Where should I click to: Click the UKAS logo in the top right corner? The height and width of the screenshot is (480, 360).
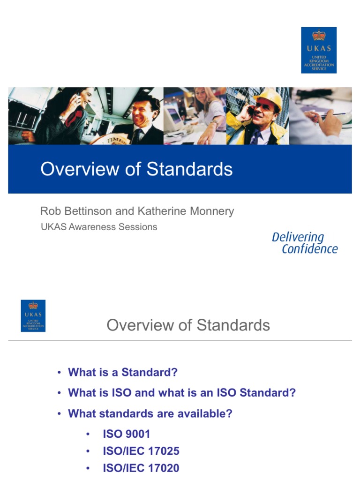click(x=319, y=50)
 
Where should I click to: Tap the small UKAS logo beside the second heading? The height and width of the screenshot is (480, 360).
click(x=33, y=316)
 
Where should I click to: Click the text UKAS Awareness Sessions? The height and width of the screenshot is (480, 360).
click(x=98, y=227)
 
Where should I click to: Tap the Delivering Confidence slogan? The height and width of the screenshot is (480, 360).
click(x=304, y=243)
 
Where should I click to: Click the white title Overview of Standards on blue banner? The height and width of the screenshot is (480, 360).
click(x=136, y=169)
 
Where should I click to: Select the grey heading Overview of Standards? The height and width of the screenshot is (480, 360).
click(x=188, y=325)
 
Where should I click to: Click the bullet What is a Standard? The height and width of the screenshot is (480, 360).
click(x=123, y=372)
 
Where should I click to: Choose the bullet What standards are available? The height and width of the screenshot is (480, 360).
click(x=150, y=413)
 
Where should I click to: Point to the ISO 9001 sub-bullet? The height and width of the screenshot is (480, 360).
click(x=127, y=434)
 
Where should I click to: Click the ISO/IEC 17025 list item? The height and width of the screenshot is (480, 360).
click(x=141, y=451)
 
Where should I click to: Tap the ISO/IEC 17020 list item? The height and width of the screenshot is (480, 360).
click(x=141, y=468)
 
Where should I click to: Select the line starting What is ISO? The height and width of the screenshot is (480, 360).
click(x=182, y=393)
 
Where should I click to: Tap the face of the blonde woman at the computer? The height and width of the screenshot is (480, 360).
click(x=201, y=96)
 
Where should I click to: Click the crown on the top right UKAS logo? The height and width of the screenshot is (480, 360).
click(x=319, y=35)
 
